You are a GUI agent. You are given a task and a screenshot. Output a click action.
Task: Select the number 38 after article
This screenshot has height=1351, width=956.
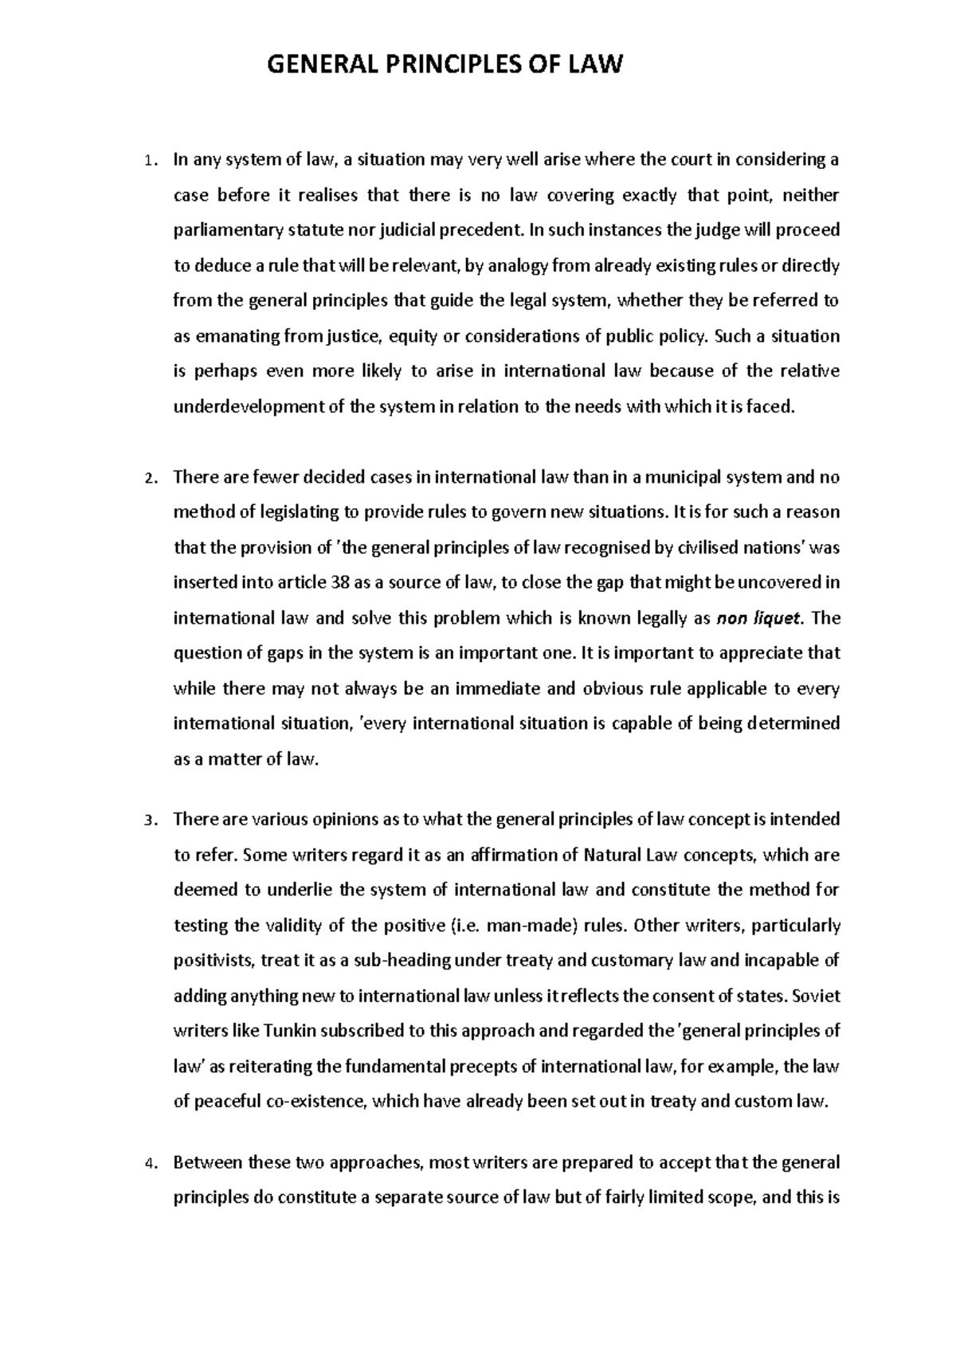338,582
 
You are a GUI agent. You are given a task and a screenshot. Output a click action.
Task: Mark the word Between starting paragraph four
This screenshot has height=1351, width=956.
209,1163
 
